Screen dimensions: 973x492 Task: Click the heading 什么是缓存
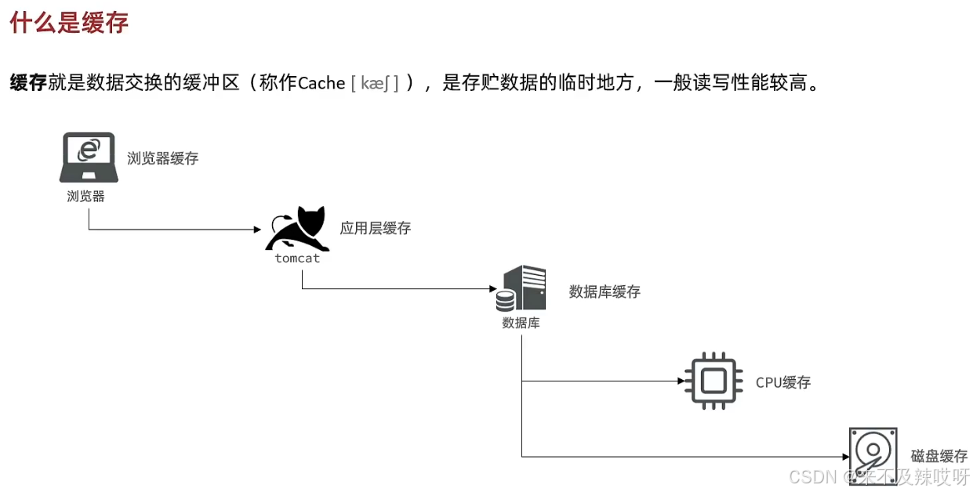[x=69, y=23]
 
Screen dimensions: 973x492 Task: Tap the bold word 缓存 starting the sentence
[x=28, y=82]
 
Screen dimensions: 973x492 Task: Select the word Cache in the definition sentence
[x=321, y=83]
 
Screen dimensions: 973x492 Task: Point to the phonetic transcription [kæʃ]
[x=375, y=83]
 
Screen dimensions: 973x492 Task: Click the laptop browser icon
[x=89, y=157]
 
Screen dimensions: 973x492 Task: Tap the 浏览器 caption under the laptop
[x=85, y=197]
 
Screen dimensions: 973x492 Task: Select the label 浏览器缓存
[x=163, y=158]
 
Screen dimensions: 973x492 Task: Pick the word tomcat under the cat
[x=297, y=258]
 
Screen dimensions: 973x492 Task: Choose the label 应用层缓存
[x=375, y=229]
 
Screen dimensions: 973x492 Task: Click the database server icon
[x=521, y=288]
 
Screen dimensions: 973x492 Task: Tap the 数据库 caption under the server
[x=521, y=323]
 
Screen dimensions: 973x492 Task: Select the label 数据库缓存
[x=604, y=292]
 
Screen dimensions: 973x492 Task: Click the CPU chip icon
[x=713, y=382]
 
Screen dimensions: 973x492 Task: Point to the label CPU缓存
[x=782, y=382]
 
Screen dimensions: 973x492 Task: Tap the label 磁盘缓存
[x=939, y=456]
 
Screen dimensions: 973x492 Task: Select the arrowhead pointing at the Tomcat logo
[x=256, y=230]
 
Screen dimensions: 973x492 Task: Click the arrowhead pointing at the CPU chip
[x=681, y=382]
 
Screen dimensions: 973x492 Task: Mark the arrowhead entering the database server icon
[x=492, y=289]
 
